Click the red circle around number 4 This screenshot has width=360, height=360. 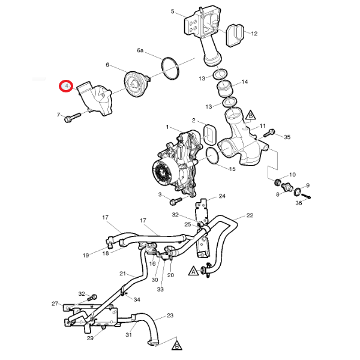point(65,87)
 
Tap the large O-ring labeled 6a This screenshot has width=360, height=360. point(170,68)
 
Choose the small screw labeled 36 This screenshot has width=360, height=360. point(307,196)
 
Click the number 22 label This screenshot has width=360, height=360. point(250,215)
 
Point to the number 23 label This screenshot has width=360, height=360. point(170,316)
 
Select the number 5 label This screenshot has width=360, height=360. point(172,11)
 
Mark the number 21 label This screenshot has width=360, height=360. point(122,274)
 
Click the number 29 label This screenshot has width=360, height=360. point(90,338)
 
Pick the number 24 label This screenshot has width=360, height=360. point(221,196)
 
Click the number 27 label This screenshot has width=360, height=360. point(55,304)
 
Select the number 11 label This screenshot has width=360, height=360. point(262,126)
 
